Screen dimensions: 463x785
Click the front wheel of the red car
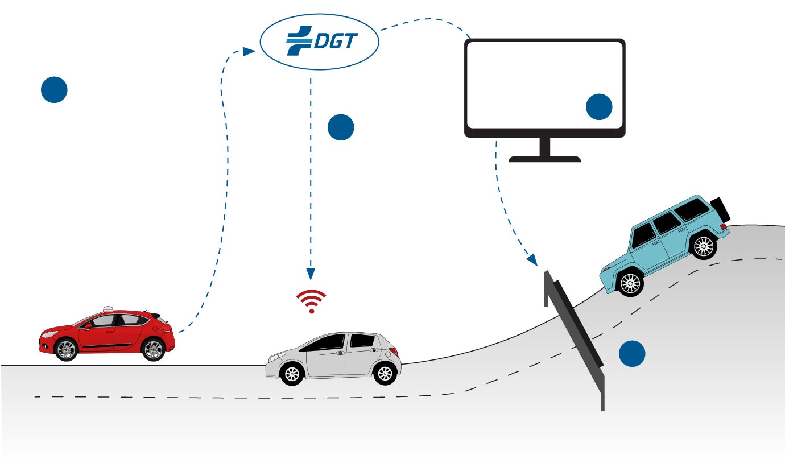[x=67, y=349]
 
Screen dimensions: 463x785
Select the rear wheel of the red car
[x=152, y=349]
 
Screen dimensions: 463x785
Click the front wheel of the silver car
[x=292, y=373]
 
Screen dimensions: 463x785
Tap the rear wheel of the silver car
[x=385, y=373]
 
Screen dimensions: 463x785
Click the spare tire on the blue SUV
[x=720, y=209]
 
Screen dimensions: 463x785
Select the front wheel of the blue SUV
[x=629, y=283]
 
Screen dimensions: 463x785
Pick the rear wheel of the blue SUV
[x=704, y=246]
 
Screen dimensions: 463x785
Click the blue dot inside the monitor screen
[x=598, y=106]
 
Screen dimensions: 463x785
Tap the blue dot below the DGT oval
[x=341, y=127]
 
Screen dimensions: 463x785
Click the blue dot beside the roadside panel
[x=632, y=353]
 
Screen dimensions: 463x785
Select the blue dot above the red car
[x=54, y=90]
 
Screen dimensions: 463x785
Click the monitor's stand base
[x=544, y=159]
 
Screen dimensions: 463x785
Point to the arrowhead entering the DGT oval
[x=249, y=51]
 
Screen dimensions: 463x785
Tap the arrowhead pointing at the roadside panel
[x=532, y=261]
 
